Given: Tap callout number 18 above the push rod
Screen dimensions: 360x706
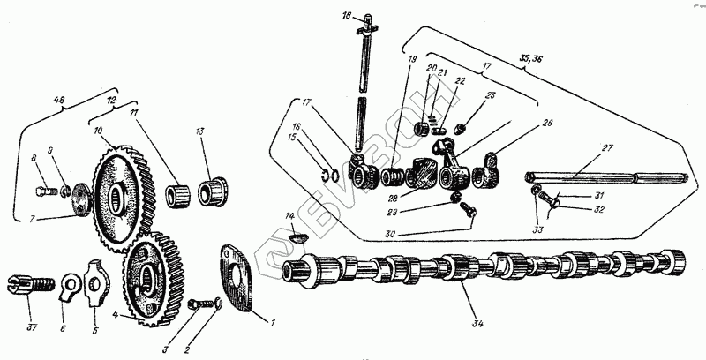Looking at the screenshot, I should tap(346, 16).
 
